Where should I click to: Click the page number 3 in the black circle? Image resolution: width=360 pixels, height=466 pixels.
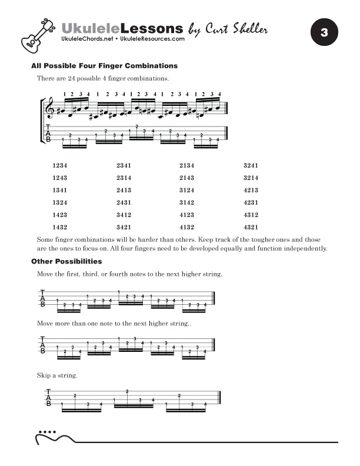(x=324, y=32)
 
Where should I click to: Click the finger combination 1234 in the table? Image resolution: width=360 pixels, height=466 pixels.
(x=60, y=165)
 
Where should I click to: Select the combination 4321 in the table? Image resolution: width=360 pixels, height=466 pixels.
(x=251, y=227)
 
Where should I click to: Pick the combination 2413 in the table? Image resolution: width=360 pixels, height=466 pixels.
(x=124, y=190)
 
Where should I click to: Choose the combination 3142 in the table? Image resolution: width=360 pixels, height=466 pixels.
(x=186, y=202)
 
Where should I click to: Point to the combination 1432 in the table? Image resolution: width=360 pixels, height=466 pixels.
(x=60, y=227)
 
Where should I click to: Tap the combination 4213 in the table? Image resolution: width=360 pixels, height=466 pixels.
(x=251, y=190)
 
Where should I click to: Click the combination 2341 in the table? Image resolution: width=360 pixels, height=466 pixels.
(x=124, y=165)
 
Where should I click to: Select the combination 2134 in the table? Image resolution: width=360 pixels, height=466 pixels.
(x=186, y=165)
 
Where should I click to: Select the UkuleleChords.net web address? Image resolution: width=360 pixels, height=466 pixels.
(x=88, y=39)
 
